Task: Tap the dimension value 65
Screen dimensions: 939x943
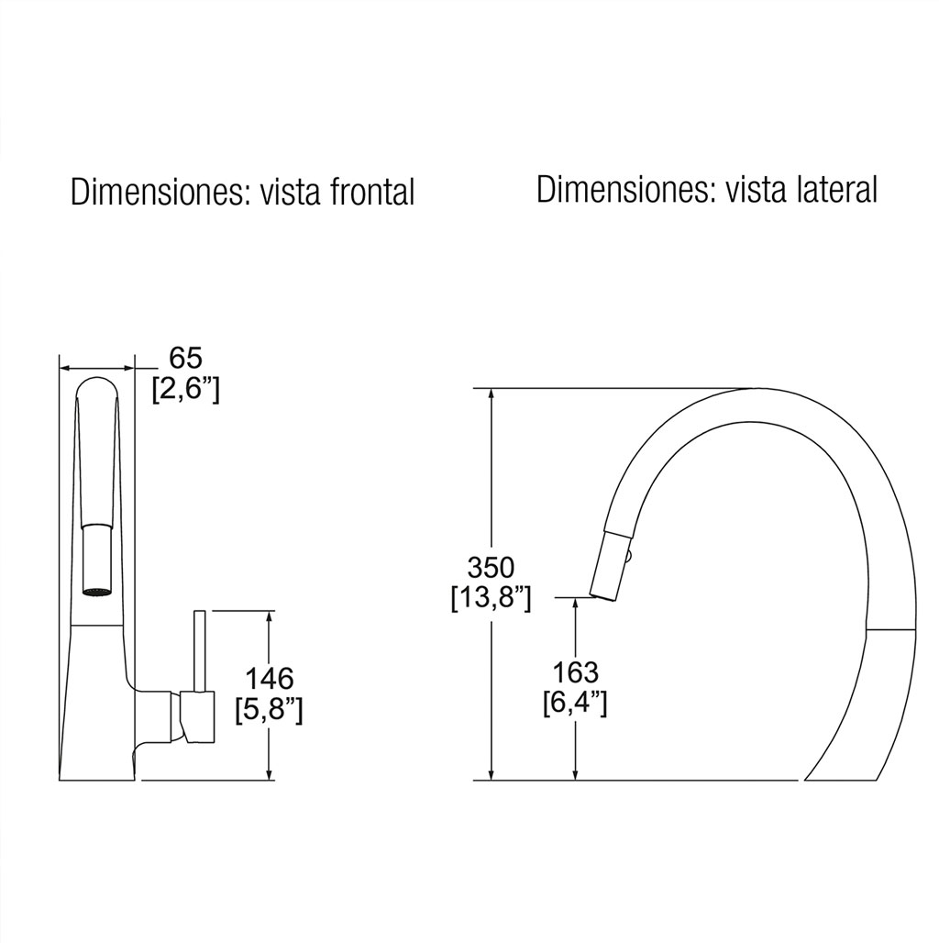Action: coord(186,359)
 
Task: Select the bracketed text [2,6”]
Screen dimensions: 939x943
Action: coord(186,390)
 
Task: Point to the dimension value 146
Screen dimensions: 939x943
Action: coord(269,679)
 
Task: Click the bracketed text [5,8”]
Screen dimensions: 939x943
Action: coord(269,711)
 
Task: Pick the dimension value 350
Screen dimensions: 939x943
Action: coord(492,567)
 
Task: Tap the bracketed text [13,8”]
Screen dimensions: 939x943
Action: coord(492,598)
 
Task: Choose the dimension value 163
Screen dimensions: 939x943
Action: coord(575,672)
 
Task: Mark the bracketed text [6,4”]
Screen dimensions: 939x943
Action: coord(575,704)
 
